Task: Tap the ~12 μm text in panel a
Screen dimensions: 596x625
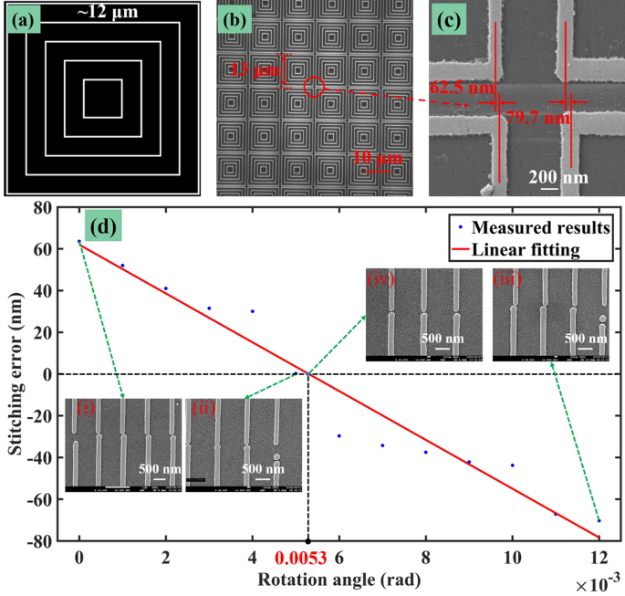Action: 102,12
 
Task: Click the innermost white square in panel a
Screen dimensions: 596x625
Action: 102,99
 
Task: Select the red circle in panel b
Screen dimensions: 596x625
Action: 314,87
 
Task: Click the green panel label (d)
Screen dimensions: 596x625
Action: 100,225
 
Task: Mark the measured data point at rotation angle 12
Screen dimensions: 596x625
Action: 599,520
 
